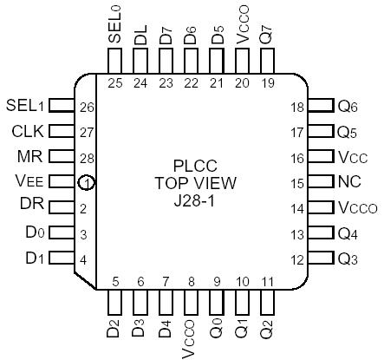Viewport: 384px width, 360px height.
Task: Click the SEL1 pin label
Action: click(x=23, y=106)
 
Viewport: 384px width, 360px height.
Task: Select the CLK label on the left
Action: click(x=26, y=132)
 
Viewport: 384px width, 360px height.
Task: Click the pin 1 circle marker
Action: click(x=85, y=183)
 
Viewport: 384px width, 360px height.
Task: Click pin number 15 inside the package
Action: click(x=298, y=183)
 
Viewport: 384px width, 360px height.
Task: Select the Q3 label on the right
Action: click(x=348, y=260)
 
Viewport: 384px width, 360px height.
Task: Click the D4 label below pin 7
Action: click(x=166, y=330)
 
